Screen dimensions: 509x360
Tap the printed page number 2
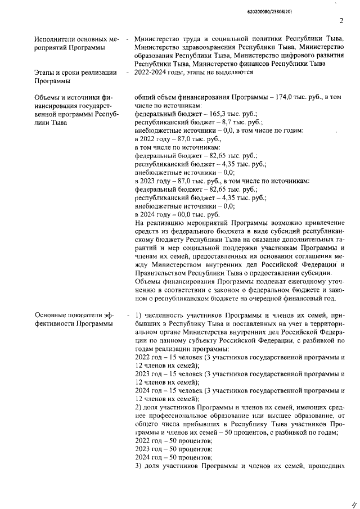tap(341, 22)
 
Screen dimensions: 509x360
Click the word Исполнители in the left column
tap(56, 39)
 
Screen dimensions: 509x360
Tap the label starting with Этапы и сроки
tap(67, 72)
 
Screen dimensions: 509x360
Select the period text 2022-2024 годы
tap(164, 72)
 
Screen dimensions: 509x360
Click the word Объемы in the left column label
tap(48, 97)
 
